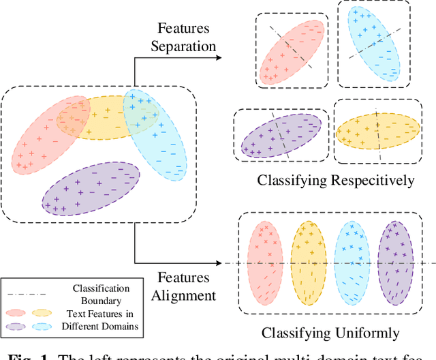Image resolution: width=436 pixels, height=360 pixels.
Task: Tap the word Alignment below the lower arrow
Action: click(185, 295)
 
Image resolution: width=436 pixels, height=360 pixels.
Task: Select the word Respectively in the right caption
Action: click(377, 181)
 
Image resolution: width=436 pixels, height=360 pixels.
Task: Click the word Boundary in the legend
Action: click(100, 301)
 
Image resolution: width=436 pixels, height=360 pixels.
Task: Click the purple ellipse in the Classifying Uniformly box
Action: click(396, 262)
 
